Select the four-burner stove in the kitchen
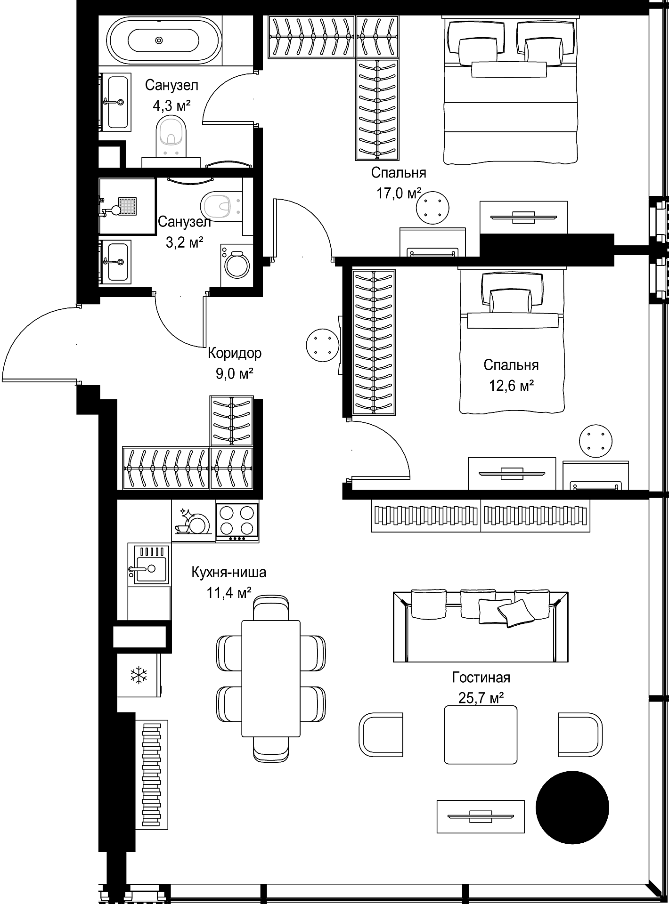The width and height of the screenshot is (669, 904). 237,522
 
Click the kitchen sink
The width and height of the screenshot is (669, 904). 149,564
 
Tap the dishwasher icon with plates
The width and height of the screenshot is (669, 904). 193,522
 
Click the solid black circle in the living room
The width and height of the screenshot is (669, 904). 572,808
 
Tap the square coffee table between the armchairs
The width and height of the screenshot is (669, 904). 481,734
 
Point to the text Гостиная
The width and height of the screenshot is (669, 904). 481,678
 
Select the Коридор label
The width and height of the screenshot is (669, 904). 235,353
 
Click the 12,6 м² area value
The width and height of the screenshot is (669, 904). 511,386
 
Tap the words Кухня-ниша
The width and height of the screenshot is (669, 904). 228,573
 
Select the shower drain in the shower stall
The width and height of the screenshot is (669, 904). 127,205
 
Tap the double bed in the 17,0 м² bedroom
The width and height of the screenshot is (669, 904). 511,90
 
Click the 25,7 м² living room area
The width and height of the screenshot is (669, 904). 481,698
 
